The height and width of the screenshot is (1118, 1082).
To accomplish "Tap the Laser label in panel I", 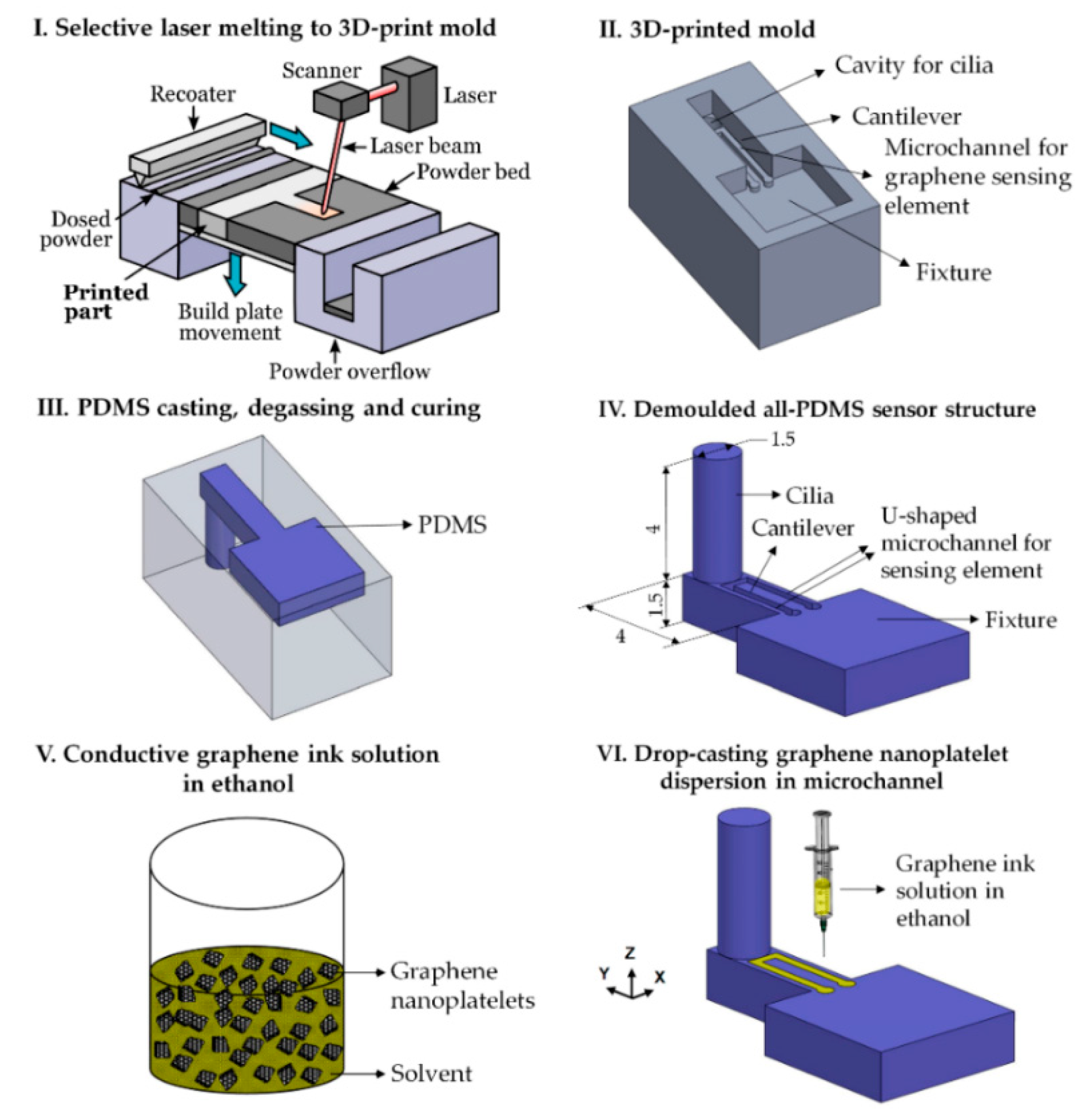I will pyautogui.click(x=469, y=95).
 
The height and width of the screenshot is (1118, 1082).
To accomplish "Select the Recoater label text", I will pyautogui.click(x=192, y=94).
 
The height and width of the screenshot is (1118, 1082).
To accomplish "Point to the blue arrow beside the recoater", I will pyautogui.click(x=290, y=135).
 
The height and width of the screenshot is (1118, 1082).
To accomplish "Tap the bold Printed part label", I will pyautogui.click(x=105, y=302).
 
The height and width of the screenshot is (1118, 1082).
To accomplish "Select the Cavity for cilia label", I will pyautogui.click(x=914, y=66).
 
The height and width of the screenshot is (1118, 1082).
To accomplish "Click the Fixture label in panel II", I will pyautogui.click(x=953, y=272).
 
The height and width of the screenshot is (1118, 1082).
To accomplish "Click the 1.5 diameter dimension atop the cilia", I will pyautogui.click(x=782, y=439).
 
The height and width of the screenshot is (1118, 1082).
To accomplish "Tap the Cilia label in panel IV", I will pyautogui.click(x=809, y=495).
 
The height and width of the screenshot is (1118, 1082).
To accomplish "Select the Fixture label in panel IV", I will pyautogui.click(x=1020, y=620).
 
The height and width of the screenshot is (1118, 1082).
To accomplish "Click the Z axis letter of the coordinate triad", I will pyautogui.click(x=630, y=953).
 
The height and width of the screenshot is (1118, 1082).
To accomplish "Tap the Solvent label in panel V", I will pyautogui.click(x=431, y=1074).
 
